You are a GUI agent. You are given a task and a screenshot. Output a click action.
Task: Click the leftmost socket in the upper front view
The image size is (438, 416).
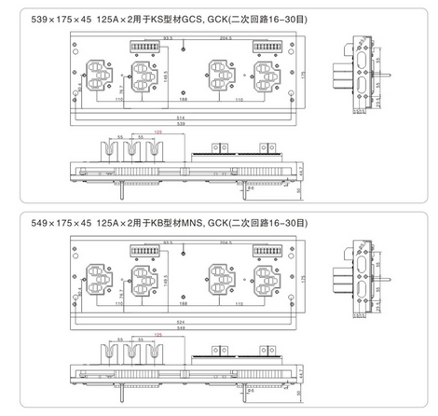click(103, 73)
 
